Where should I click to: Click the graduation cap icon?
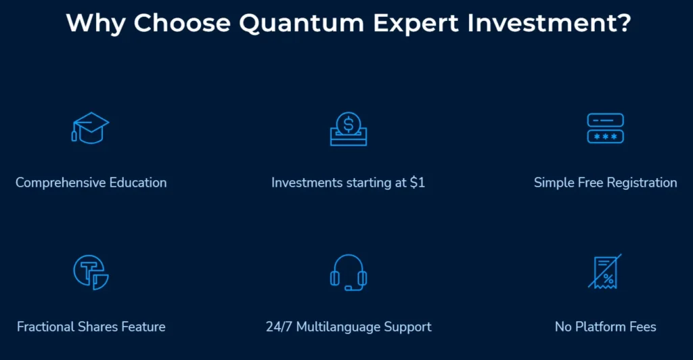tap(90, 128)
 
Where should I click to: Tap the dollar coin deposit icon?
tap(349, 129)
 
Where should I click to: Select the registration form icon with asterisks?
tap(605, 128)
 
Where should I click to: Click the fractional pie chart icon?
tap(91, 272)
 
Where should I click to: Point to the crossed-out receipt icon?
tap(605, 271)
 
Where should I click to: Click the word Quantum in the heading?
tap(301, 23)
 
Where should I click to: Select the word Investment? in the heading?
tap(550, 22)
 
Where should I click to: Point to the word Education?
tap(138, 182)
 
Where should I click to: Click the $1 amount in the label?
tap(417, 182)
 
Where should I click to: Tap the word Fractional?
tap(45, 326)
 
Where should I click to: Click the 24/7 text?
tap(279, 326)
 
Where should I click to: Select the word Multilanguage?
tap(338, 327)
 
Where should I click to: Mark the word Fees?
tap(643, 326)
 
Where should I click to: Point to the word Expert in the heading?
tap(416, 23)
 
